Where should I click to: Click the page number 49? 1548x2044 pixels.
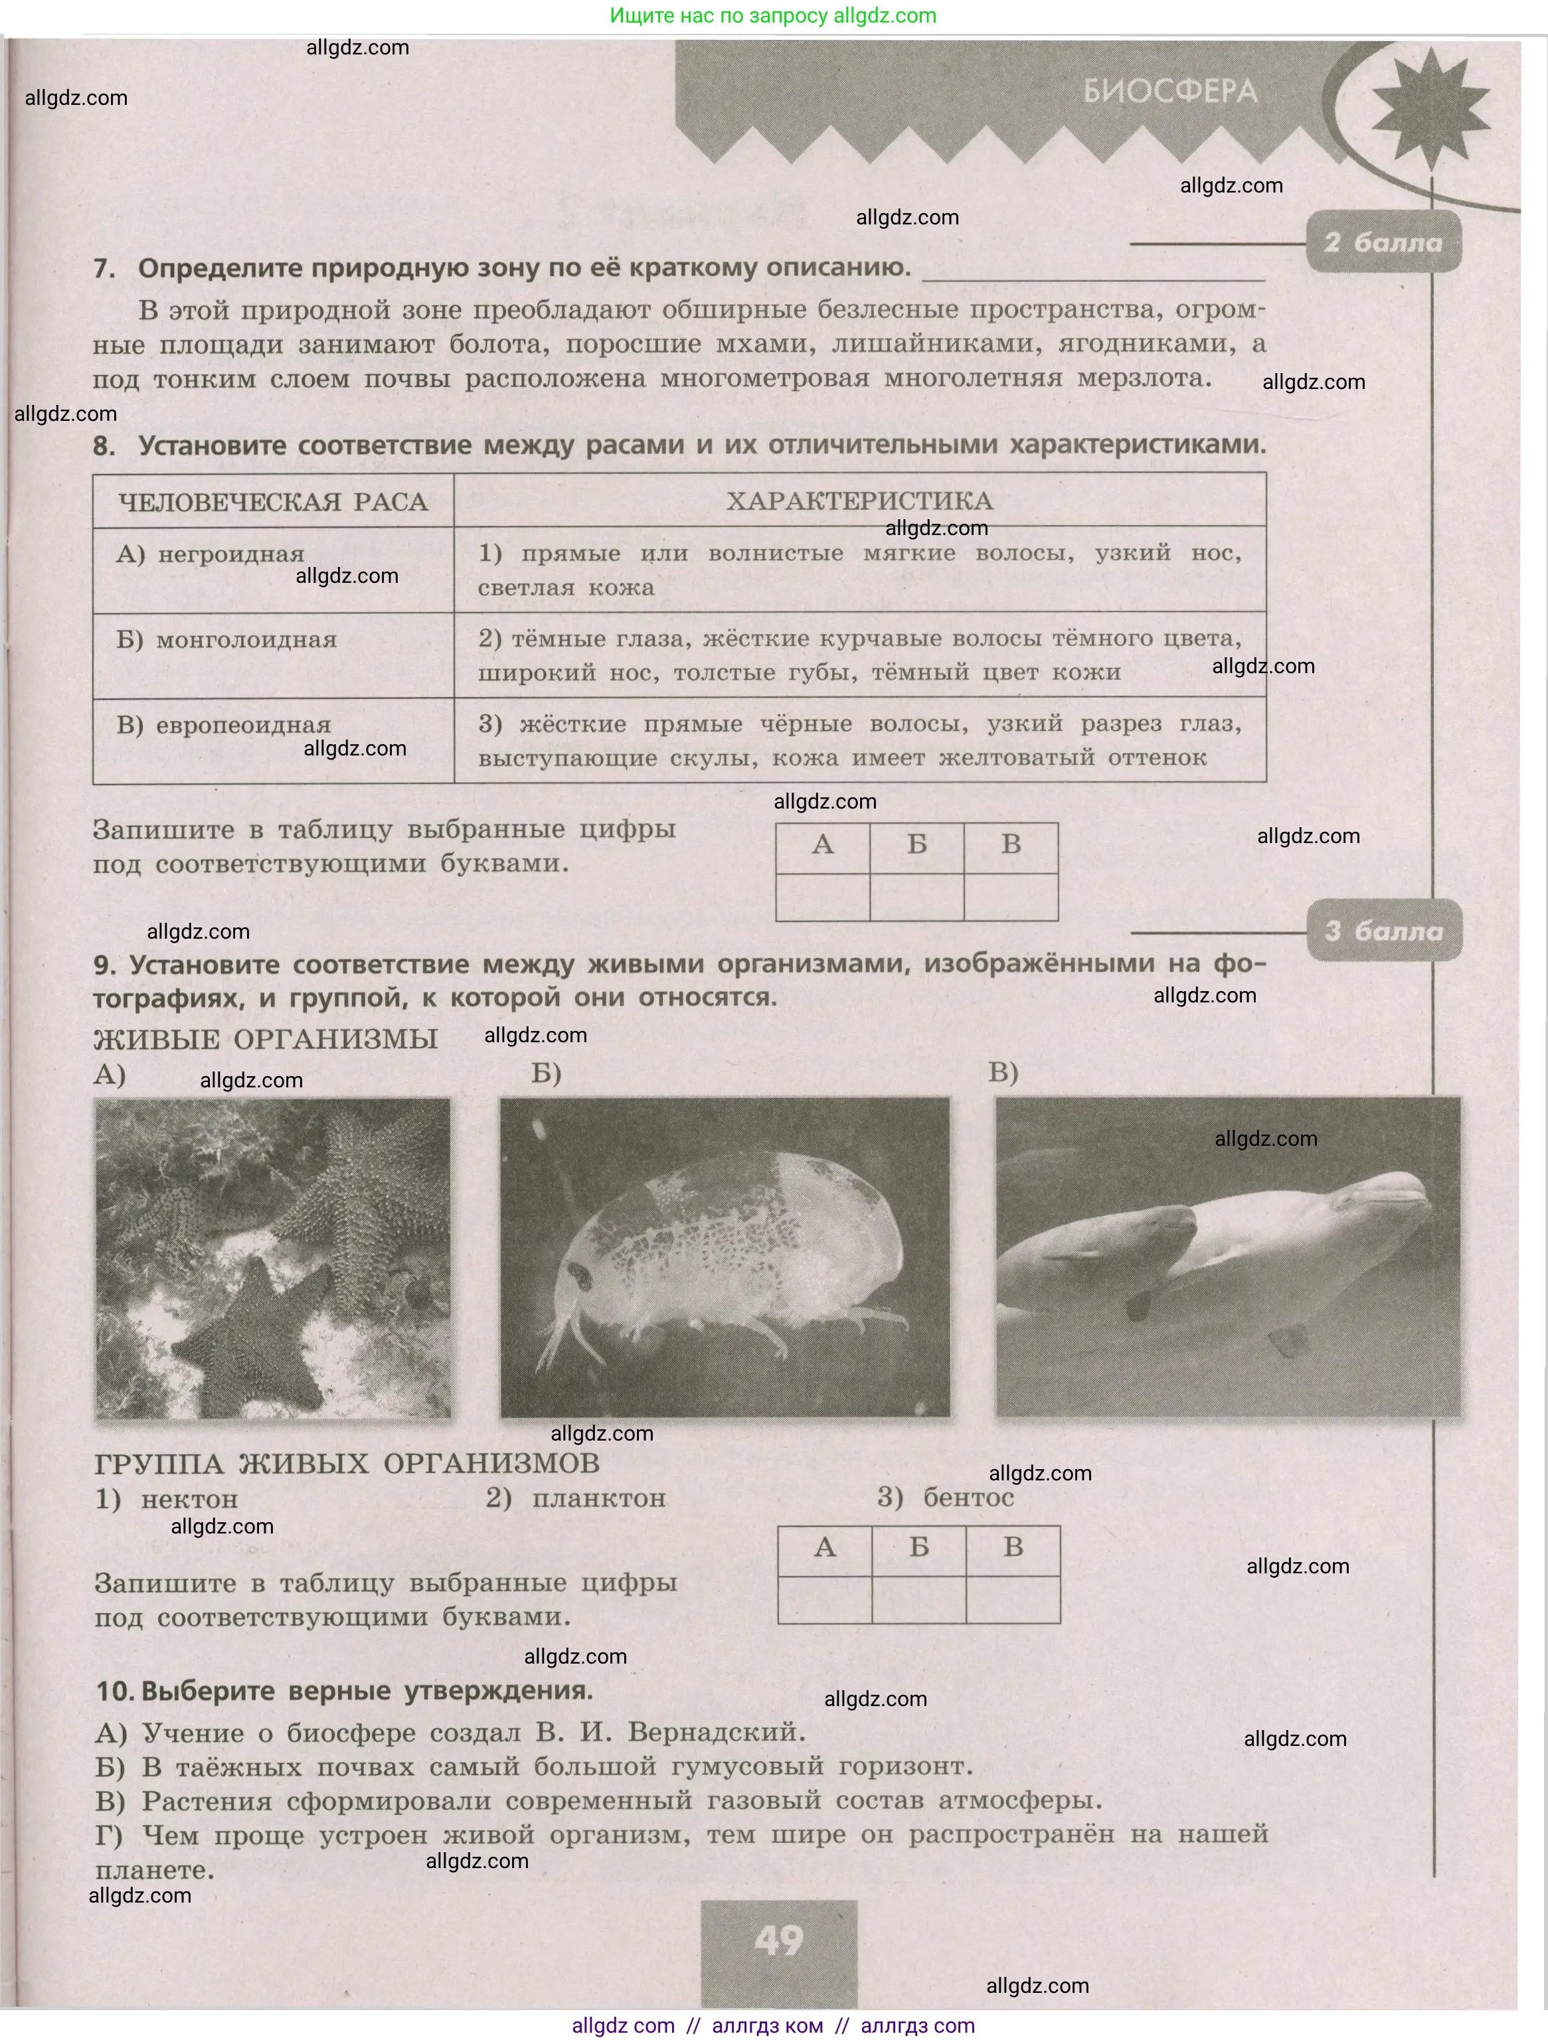(778, 1940)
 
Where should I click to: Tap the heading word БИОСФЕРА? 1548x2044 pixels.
(1170, 92)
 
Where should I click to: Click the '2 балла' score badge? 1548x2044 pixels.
(1383, 242)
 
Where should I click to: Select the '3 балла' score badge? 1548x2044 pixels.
(1383, 931)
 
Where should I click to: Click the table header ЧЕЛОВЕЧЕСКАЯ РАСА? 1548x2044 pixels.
(273, 502)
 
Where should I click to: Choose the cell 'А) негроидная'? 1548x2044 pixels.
(211, 554)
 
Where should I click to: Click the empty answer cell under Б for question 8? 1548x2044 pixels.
(917, 896)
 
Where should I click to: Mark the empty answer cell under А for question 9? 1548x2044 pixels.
(824, 1599)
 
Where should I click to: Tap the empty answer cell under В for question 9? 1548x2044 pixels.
(1013, 1599)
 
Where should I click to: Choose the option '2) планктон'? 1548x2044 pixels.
(576, 1498)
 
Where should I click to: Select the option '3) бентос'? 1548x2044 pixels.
(946, 1497)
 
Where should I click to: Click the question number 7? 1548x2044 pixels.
(104, 269)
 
